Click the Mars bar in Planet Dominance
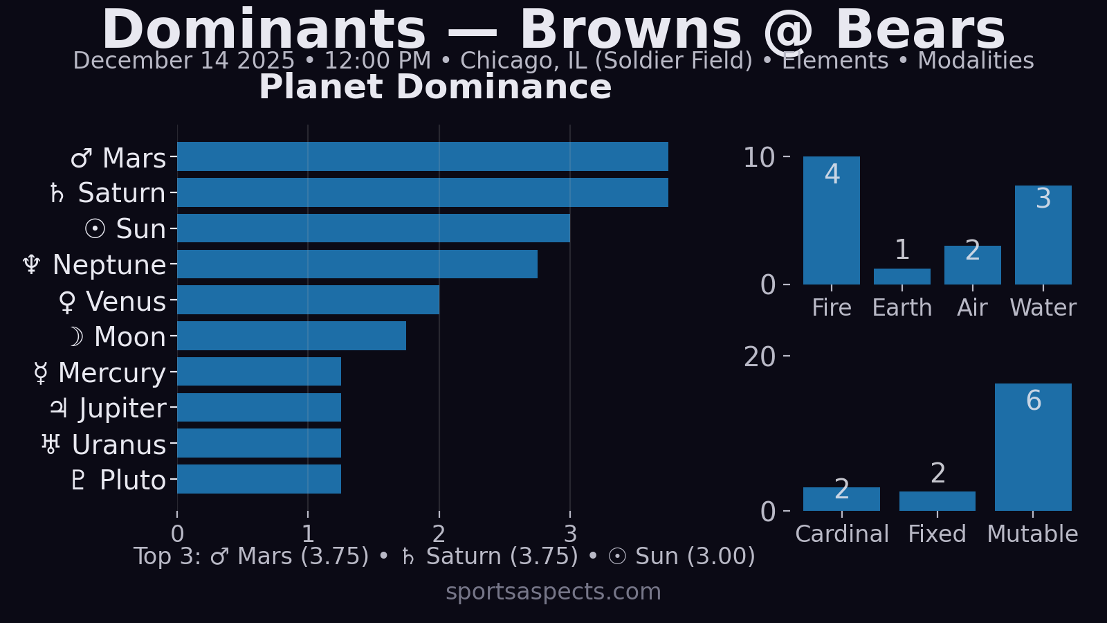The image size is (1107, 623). point(422,156)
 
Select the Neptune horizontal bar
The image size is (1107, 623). point(357,264)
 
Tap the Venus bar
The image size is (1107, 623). point(308,300)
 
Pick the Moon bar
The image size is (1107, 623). point(291,336)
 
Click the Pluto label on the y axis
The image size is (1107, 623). point(132,480)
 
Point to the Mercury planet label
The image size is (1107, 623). point(112,372)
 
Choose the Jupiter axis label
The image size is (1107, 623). point(122,408)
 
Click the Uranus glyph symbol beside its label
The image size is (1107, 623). point(51,444)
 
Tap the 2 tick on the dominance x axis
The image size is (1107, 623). point(439,534)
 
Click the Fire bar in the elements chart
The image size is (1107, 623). point(831,220)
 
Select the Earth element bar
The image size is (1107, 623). point(902,276)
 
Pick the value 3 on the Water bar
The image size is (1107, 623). point(1043,199)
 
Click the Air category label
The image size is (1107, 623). point(972,307)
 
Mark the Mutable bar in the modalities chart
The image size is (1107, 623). point(1032,447)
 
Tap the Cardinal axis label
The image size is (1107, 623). point(841,534)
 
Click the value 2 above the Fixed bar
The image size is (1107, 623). point(937,473)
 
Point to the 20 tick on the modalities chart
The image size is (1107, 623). point(759,357)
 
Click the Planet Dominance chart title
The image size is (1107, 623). point(435,87)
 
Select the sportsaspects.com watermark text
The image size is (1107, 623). point(553,592)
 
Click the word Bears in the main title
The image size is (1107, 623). point(920,30)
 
